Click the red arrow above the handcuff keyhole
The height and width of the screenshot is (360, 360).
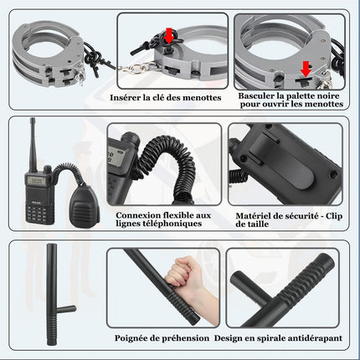[x=169, y=35]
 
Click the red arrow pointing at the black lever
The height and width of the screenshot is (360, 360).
[x=306, y=69]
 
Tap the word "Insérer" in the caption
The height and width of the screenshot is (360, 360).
[x=125, y=97]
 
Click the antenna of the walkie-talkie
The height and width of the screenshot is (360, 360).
[x=33, y=144]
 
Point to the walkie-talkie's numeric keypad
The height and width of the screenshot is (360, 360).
[x=36, y=213]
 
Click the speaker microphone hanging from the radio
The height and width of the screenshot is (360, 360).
[x=85, y=206]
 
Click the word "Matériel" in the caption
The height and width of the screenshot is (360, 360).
[x=253, y=216]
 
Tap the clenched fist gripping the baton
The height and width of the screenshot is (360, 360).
[x=183, y=272]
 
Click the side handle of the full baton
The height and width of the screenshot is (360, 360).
[x=66, y=309]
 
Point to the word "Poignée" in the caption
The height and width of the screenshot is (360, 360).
[x=131, y=338]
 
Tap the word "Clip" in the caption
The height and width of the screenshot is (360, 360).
[x=334, y=216]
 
